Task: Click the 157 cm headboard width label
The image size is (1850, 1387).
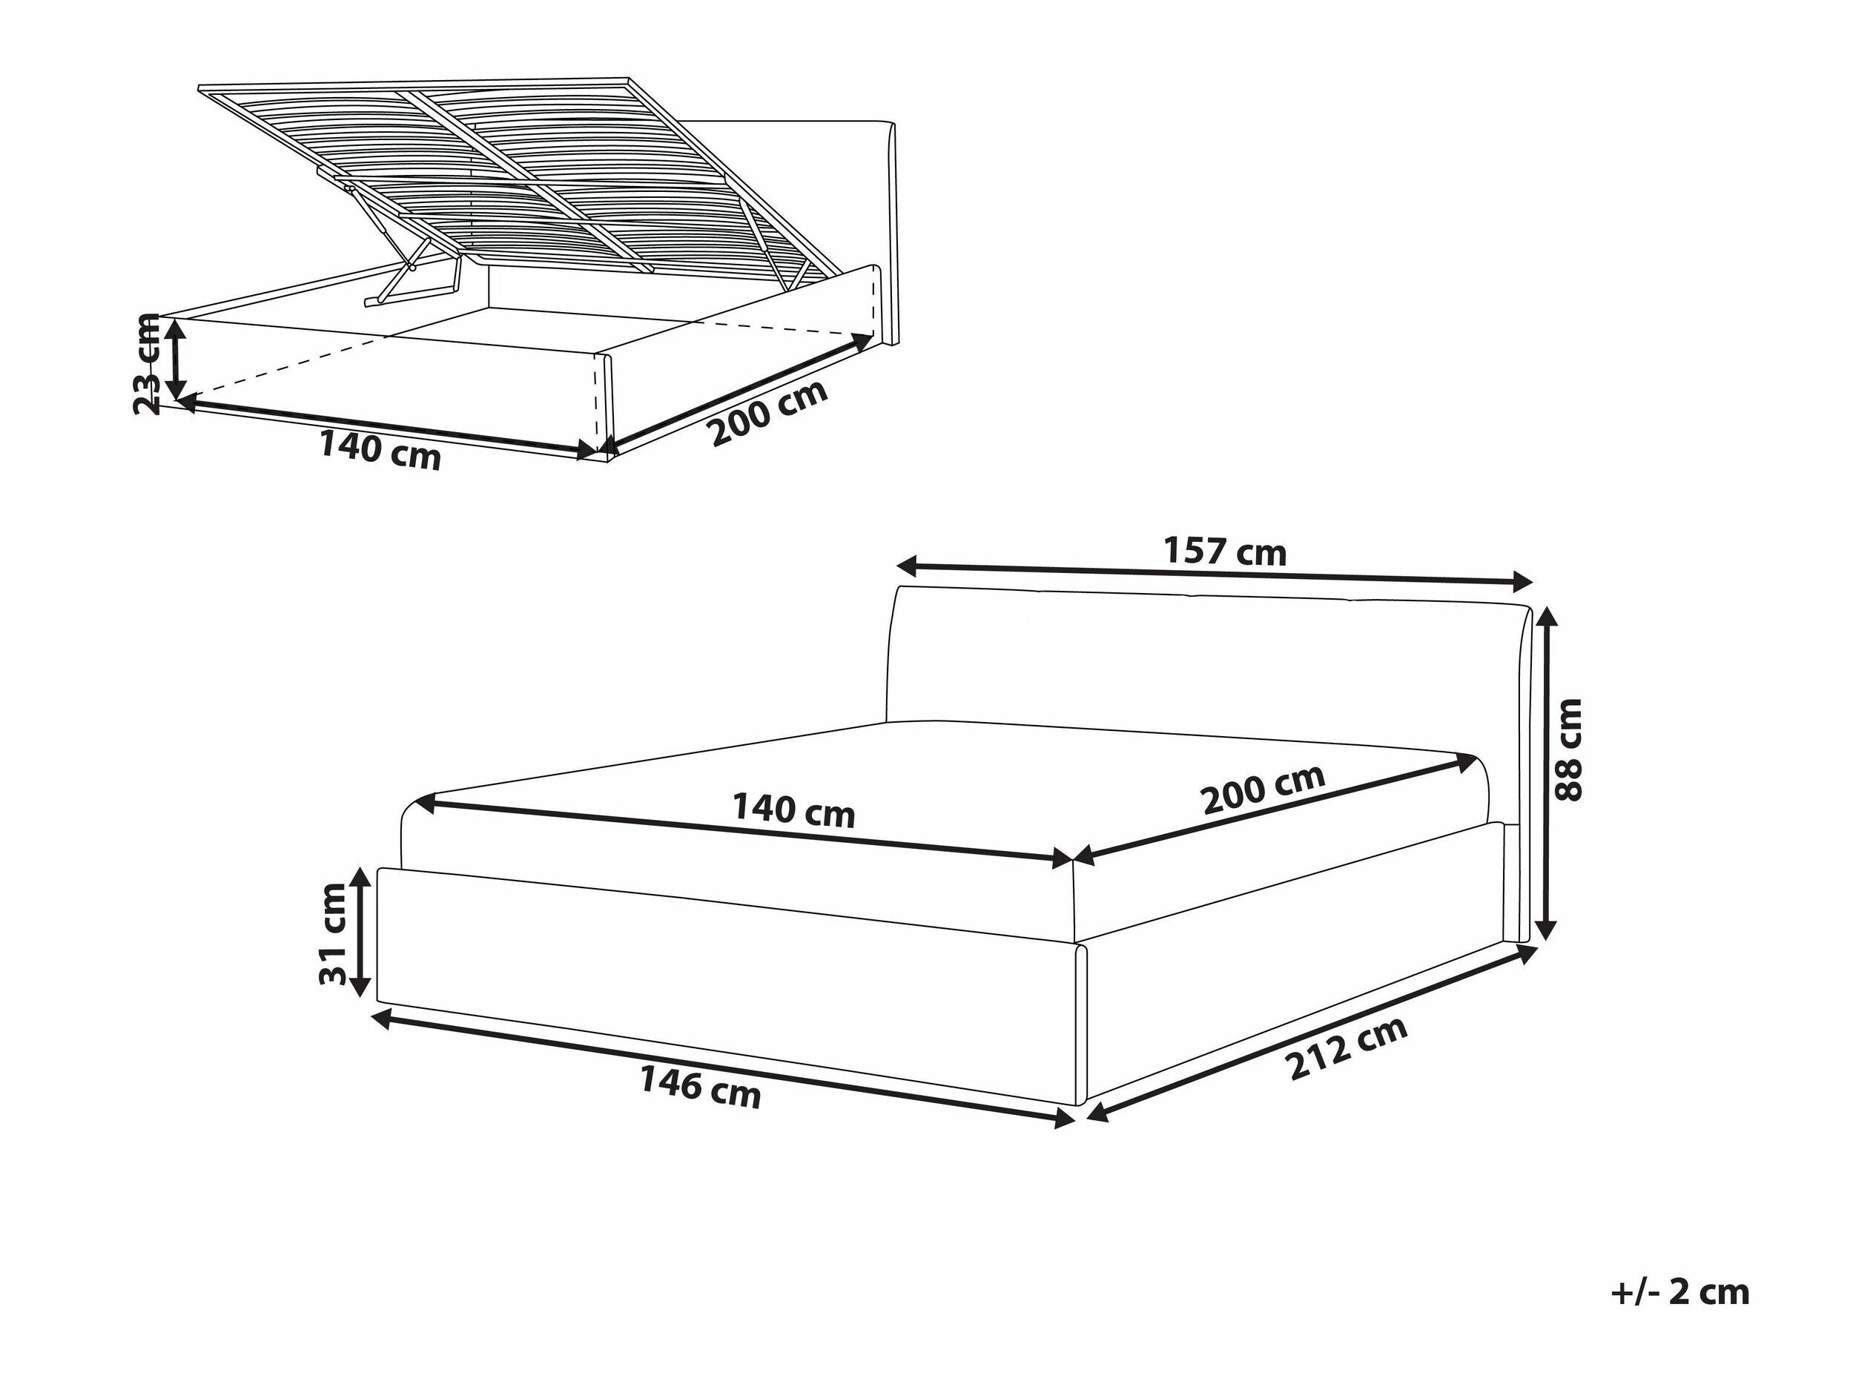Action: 1225,552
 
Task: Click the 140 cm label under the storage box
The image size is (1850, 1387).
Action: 380,451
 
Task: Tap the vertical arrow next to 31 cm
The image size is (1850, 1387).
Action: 360,932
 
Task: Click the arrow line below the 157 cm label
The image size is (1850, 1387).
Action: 1214,574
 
